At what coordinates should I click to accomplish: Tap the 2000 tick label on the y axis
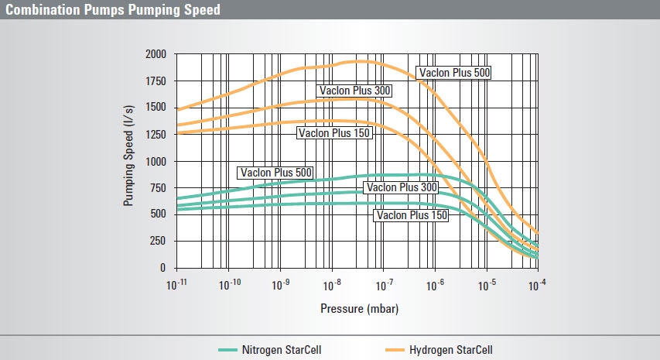point(156,54)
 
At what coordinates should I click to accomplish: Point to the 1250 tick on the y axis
point(156,135)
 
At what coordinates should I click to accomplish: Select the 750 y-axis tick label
point(158,188)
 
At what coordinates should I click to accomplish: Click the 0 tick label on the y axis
point(162,268)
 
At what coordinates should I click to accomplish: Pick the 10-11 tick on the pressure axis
point(177,285)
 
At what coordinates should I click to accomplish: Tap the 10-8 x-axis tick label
point(332,285)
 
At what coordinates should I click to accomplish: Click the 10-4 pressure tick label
point(537,285)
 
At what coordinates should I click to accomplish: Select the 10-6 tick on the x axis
point(435,285)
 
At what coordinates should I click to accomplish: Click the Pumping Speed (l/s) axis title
point(129,161)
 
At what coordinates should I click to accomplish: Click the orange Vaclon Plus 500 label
point(454,73)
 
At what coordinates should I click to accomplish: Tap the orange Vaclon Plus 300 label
point(355,91)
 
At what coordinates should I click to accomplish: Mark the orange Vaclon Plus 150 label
point(335,133)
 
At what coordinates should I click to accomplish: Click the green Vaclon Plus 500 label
point(276,173)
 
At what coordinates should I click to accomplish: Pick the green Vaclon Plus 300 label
point(402,187)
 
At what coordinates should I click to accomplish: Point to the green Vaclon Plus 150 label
point(411,216)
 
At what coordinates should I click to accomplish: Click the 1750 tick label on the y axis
point(156,81)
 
